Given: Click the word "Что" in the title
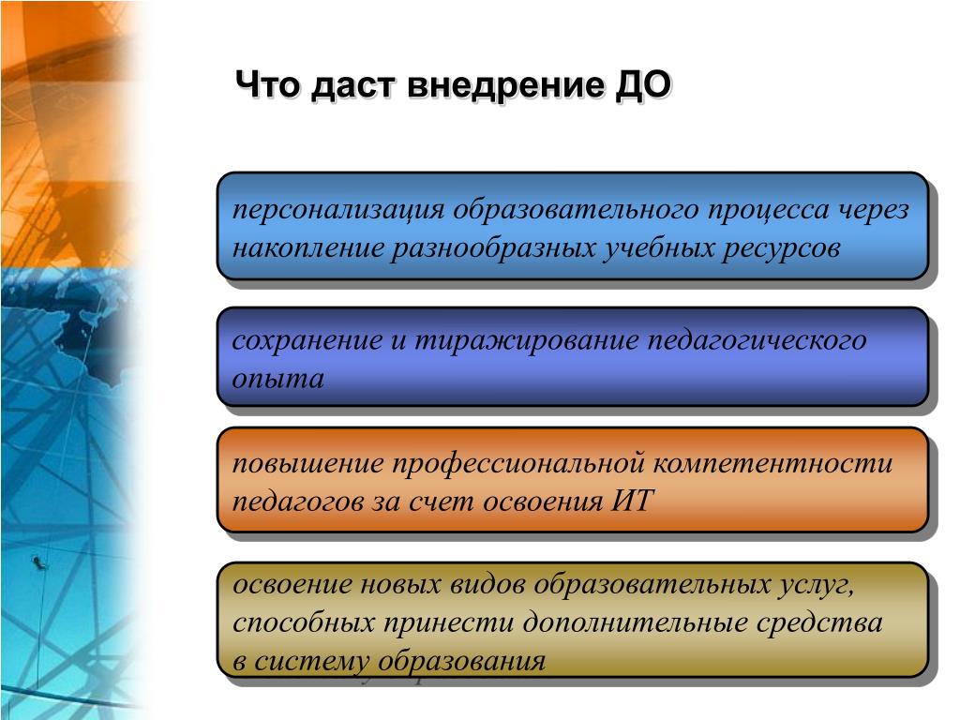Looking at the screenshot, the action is tap(267, 84).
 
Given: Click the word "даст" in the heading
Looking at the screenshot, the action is tap(353, 86).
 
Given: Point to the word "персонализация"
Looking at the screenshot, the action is tap(338, 210).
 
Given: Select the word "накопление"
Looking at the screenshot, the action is tap(307, 247).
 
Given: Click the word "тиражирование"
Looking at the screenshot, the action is tap(527, 340).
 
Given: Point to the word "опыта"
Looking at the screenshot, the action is tap(278, 380).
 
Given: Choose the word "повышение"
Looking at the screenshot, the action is tap(307, 463).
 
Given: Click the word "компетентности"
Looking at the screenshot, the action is tap(773, 463).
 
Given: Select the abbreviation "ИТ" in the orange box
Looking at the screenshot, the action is tap(633, 501).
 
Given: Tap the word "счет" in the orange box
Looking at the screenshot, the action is tap(442, 501).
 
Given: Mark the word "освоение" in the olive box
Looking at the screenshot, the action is tap(292, 584).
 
